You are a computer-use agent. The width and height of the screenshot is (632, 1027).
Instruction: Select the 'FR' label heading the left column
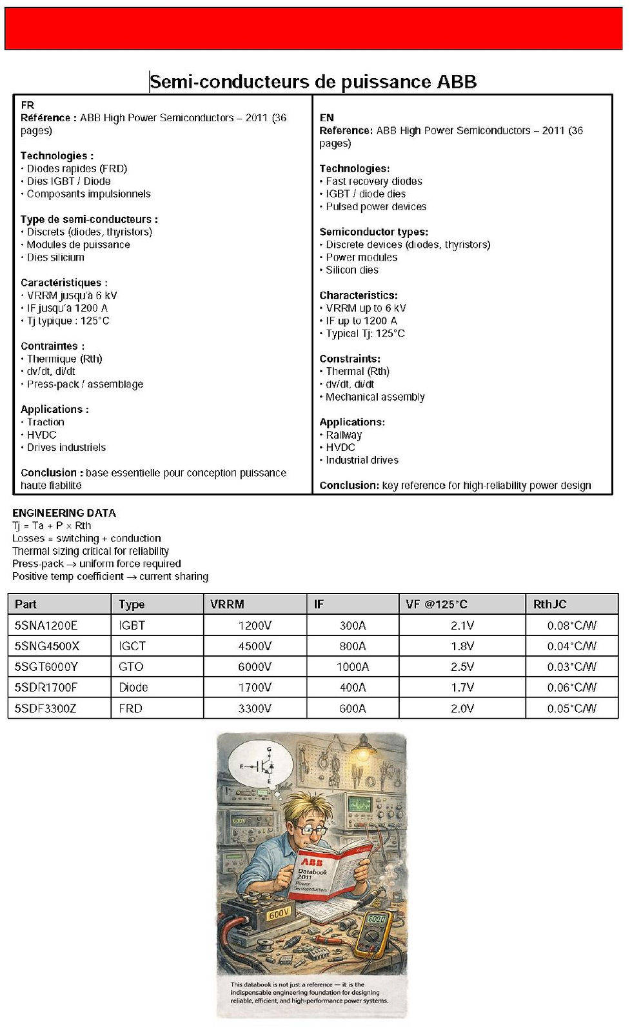click(28, 105)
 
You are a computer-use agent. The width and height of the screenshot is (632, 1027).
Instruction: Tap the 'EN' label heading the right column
click(327, 117)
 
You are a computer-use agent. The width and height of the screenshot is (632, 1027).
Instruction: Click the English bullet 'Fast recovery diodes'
click(374, 181)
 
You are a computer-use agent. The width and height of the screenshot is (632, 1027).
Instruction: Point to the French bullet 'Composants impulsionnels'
click(88, 194)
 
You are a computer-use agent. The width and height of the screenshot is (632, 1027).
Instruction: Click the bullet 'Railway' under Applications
click(344, 435)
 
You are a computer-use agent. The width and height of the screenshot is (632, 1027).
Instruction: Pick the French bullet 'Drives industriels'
click(66, 447)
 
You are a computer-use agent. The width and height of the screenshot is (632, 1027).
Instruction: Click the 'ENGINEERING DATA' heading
click(64, 513)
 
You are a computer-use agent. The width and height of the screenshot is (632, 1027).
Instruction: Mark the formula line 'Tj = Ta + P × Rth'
click(52, 526)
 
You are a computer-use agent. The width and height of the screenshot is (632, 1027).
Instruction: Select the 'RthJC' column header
click(549, 604)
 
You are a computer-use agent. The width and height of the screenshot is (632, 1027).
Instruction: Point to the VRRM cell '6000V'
click(255, 666)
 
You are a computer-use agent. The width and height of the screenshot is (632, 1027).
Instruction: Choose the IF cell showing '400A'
click(353, 687)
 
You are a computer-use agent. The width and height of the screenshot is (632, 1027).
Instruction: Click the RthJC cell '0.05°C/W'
click(571, 708)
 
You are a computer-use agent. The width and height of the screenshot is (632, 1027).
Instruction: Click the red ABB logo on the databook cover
click(311, 861)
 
